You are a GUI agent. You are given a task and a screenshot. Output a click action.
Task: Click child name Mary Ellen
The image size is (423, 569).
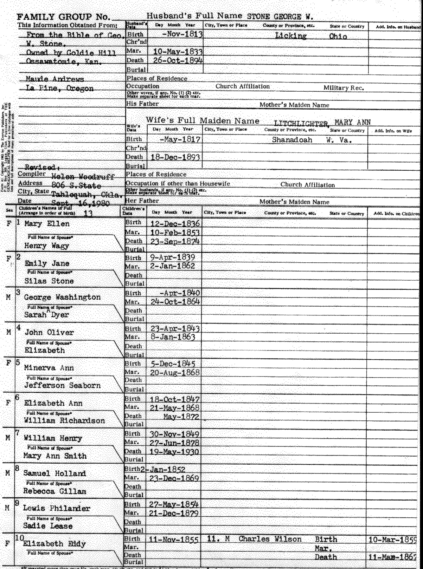click(47, 224)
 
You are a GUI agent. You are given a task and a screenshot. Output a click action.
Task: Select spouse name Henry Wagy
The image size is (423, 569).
click(46, 246)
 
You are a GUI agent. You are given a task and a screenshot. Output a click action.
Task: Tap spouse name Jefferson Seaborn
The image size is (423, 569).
click(62, 385)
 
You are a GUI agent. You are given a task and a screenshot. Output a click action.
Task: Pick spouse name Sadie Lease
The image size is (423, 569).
click(48, 526)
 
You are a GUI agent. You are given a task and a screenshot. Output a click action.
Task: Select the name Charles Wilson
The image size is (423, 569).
click(270, 539)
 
